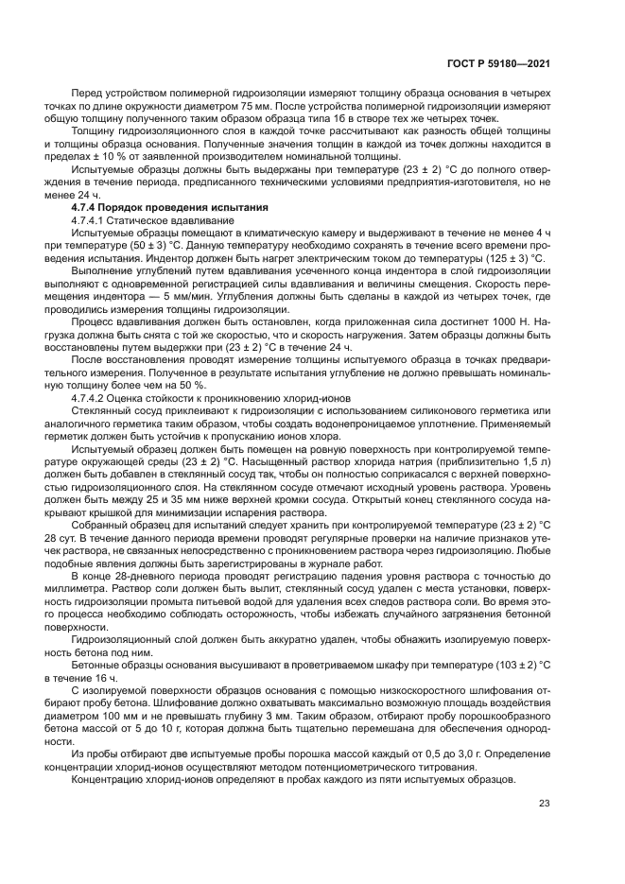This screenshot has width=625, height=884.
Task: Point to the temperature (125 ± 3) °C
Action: point(512,257)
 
